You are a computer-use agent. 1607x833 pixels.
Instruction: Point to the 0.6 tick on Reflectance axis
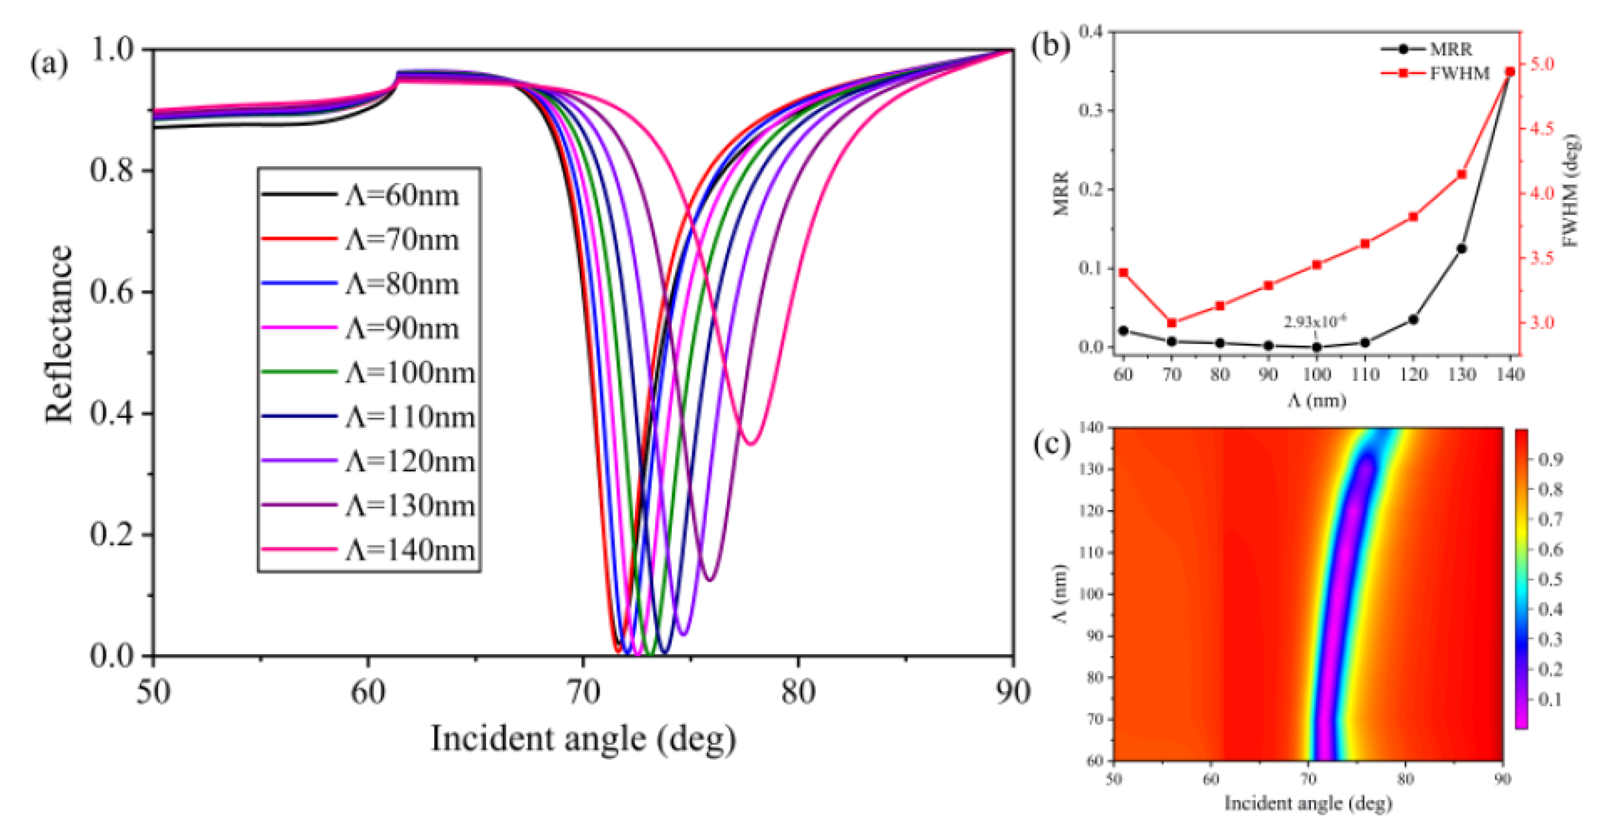(x=113, y=292)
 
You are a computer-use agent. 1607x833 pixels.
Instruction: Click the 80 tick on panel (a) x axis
(x=798, y=692)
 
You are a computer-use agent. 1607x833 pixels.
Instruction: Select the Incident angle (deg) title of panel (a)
(x=583, y=739)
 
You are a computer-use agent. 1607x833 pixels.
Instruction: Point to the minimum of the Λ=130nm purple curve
(x=710, y=580)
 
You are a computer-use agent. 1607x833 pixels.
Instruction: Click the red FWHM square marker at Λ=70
(x=1171, y=323)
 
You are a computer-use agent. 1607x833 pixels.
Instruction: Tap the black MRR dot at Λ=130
(x=1462, y=249)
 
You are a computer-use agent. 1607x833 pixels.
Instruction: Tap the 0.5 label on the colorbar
(x=1550, y=579)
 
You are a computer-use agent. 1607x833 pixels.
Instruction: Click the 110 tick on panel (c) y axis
(x=1092, y=552)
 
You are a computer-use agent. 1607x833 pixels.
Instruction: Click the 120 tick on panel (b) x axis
(x=1413, y=375)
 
